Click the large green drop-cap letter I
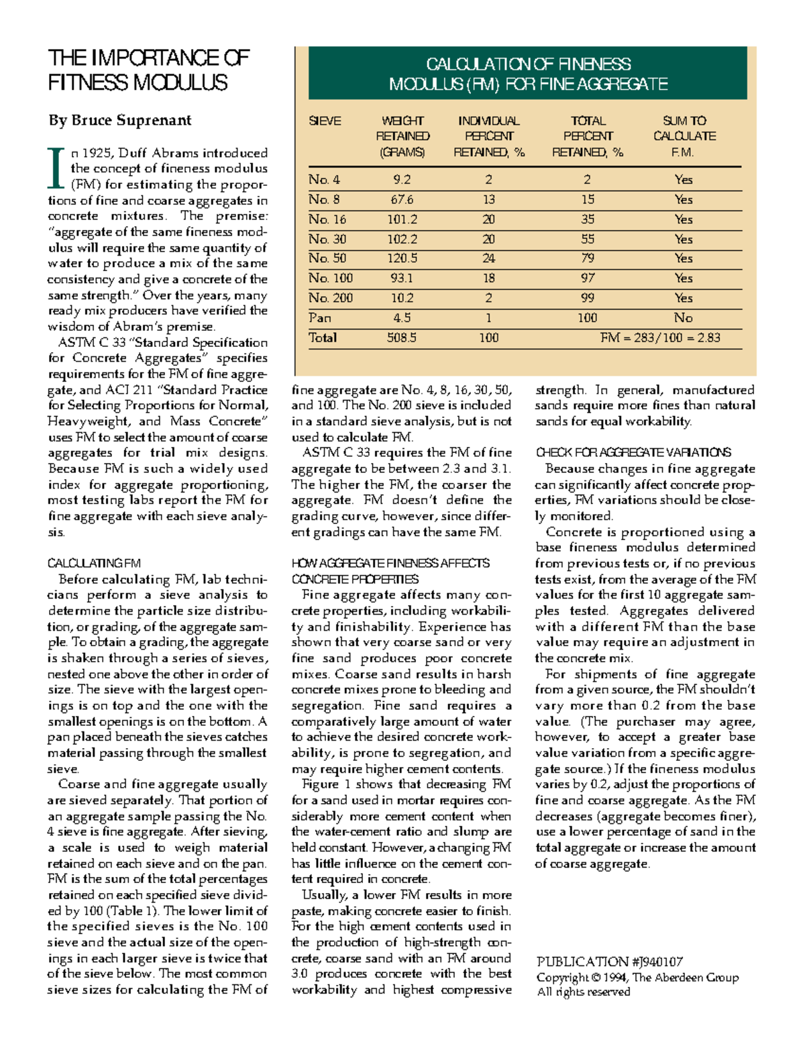57,168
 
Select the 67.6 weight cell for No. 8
401,199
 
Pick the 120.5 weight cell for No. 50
402,258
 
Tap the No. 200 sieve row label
330,298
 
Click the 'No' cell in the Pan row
683,318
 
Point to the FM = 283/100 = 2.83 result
660,337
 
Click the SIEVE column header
325,121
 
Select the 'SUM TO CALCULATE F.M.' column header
684,136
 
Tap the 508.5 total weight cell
401,337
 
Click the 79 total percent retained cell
588,258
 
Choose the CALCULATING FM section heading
94,563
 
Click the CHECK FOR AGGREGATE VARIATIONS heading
633,452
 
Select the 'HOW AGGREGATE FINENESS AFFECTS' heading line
390,563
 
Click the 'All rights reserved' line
583,992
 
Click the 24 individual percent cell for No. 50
488,258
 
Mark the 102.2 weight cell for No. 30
402,239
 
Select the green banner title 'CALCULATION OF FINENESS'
528,64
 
